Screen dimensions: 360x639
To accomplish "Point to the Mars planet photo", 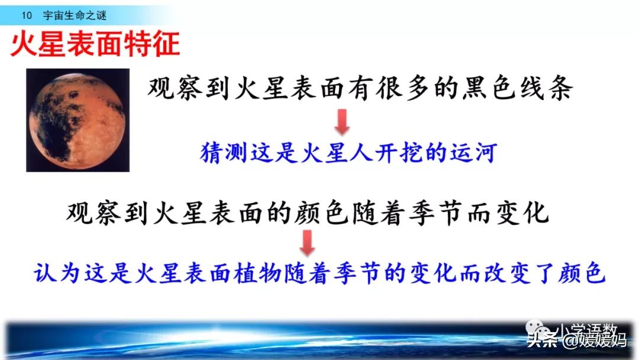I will pos(78,120).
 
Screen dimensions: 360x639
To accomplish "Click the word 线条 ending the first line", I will pos(547,90).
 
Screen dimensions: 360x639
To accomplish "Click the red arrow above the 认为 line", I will pos(306,242).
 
